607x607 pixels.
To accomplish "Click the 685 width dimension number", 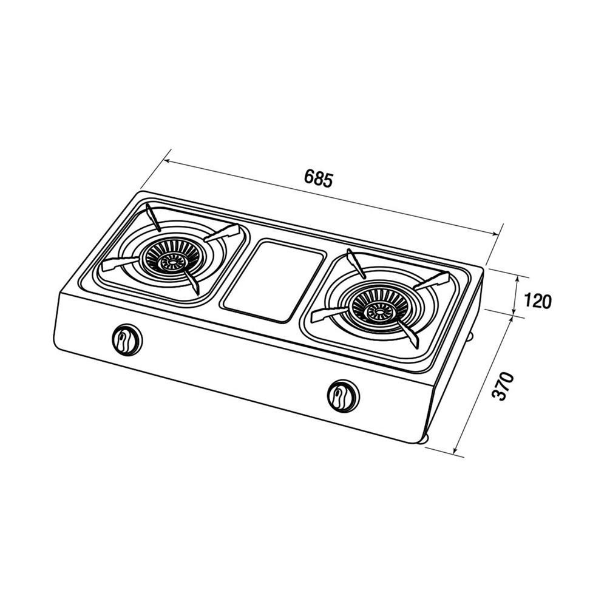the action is click(318, 178).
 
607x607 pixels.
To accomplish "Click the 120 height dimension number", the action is click(537, 301).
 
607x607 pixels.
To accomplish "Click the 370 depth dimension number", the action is click(503, 386).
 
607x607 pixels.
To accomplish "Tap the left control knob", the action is click(127, 339).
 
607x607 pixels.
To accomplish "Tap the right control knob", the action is click(344, 395).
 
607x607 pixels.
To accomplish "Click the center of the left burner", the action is click(170, 262).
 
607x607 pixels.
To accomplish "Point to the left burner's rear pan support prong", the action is click(154, 217).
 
